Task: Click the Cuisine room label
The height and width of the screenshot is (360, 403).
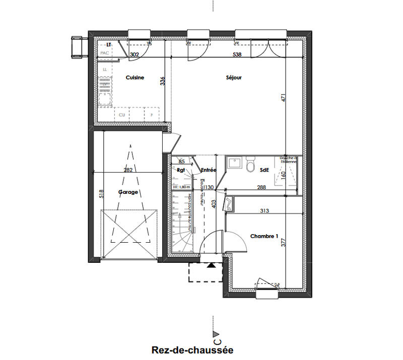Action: [135, 78]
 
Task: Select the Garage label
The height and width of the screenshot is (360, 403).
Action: [128, 192]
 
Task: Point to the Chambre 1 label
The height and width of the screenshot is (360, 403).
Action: [264, 236]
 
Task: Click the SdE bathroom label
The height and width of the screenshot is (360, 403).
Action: [264, 170]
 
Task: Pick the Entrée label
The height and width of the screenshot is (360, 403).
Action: [208, 170]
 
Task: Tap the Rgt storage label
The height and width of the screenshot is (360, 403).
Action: [182, 170]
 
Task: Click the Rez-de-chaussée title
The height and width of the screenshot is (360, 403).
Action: [192, 349]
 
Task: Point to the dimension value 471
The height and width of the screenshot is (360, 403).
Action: [284, 98]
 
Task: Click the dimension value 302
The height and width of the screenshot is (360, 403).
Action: [135, 54]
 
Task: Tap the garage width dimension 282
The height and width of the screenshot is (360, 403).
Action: [128, 170]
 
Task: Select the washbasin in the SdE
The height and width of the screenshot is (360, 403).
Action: [235, 163]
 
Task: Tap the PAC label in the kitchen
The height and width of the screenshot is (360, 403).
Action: [105, 53]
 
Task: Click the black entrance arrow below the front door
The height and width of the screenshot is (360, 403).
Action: [211, 265]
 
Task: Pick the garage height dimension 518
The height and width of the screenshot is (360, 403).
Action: [101, 194]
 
